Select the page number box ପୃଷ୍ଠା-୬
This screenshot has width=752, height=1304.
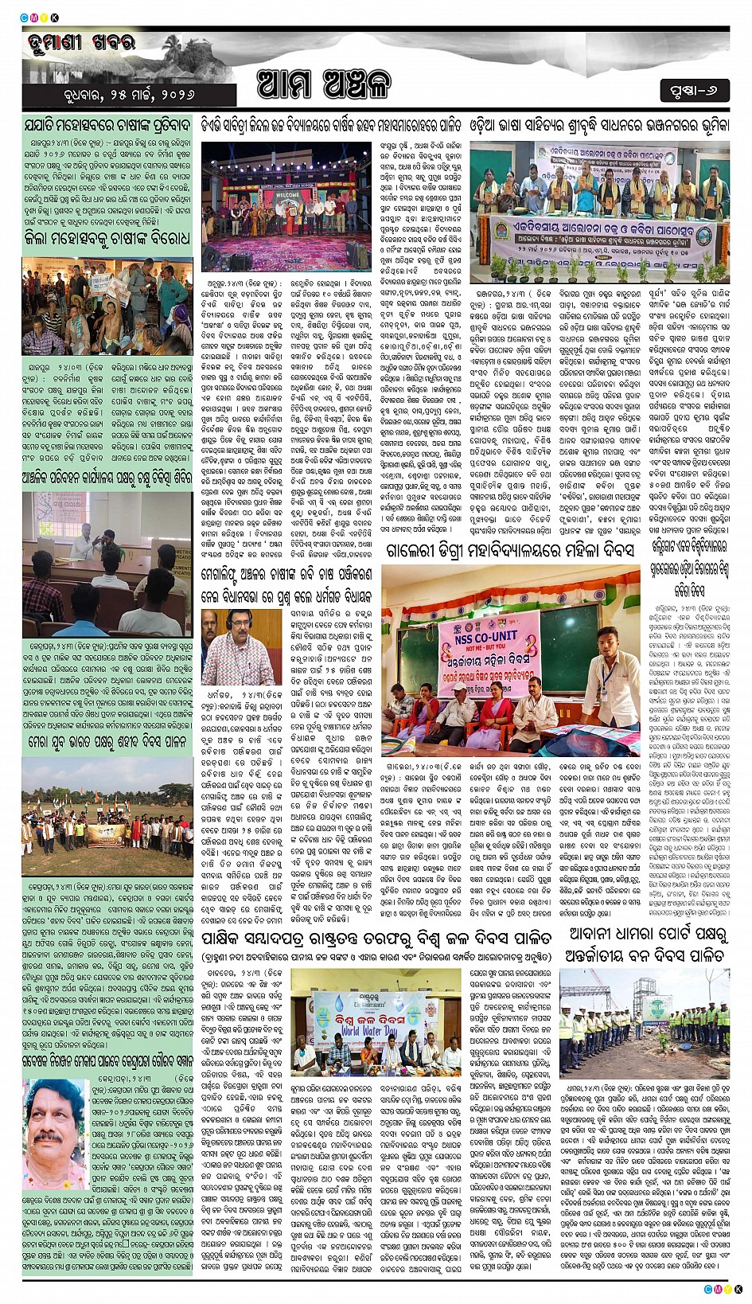(x=693, y=91)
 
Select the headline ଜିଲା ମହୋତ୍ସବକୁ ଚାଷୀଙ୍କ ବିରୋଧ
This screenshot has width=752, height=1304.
(x=107, y=239)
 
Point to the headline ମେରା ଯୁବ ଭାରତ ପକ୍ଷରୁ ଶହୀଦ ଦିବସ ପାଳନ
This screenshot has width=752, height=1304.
(x=107, y=742)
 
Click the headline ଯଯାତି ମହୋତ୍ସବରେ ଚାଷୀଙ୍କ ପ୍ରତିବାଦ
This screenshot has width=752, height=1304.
(x=107, y=125)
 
